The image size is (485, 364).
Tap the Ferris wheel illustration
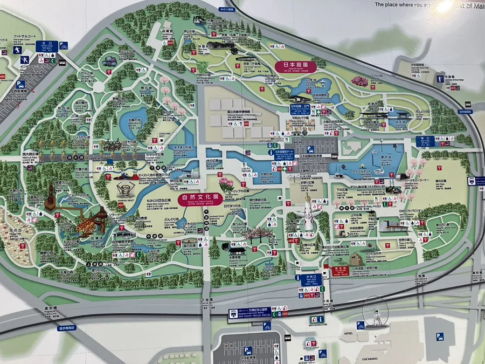375,313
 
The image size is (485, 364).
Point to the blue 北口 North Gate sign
47,46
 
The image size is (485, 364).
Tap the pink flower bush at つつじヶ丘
359,82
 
